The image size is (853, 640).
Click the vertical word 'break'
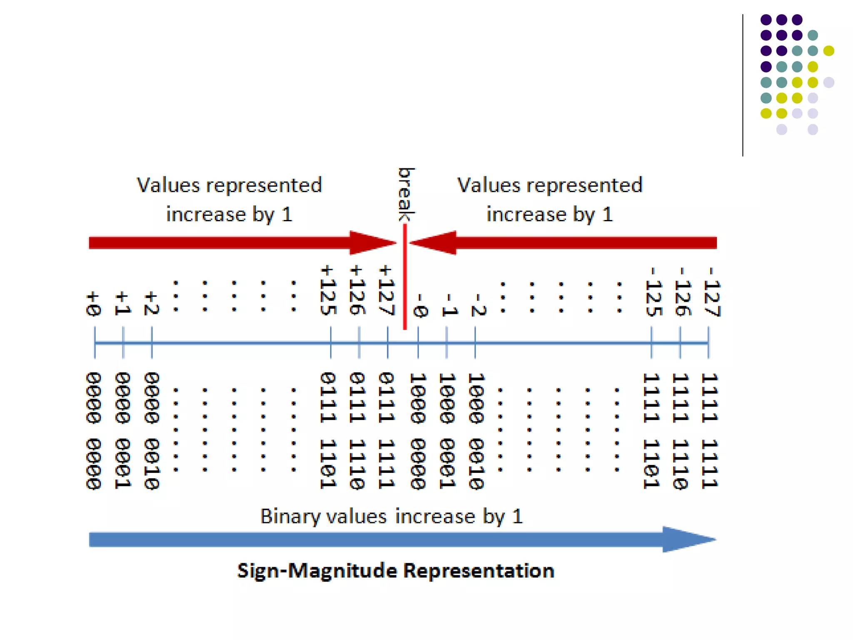[406, 194]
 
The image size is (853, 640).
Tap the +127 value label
[386, 290]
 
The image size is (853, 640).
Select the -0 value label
[420, 305]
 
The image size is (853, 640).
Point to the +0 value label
[93, 304]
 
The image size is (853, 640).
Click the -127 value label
[711, 292]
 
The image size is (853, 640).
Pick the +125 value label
[328, 290]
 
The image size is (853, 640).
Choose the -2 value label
[478, 305]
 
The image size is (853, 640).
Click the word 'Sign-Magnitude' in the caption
[317, 571]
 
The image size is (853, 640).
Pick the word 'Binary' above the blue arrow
[290, 516]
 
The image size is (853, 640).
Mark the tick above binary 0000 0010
[152, 342]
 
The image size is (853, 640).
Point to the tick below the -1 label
[446, 342]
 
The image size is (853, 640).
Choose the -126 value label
[682, 292]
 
